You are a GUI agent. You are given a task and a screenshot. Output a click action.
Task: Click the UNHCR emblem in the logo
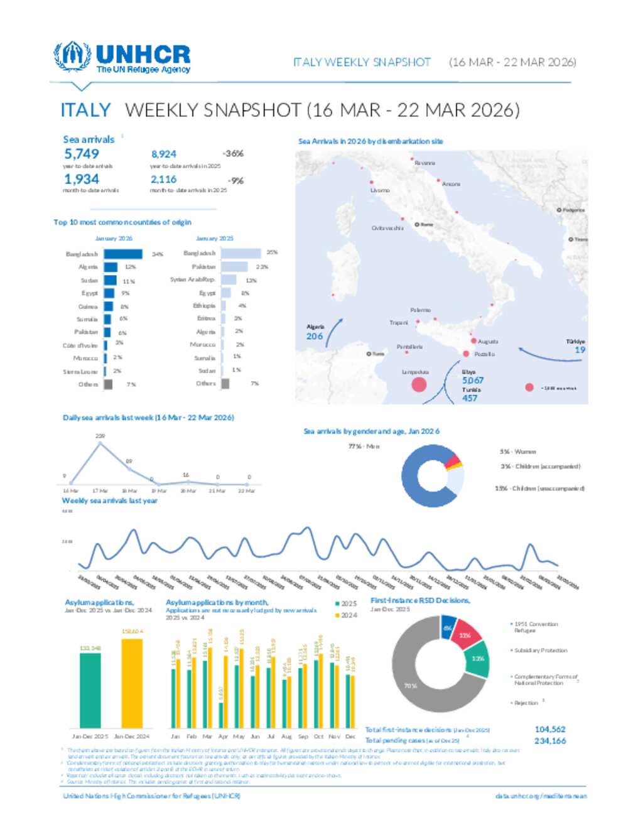(72, 56)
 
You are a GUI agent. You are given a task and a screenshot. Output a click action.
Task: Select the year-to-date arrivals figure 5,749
(82, 154)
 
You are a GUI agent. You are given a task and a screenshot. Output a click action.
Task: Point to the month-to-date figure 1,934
(81, 180)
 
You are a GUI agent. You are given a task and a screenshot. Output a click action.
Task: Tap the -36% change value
(232, 154)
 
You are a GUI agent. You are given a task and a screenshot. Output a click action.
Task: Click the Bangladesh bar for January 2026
(123, 254)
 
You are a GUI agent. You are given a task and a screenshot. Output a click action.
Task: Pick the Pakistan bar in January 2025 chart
(235, 267)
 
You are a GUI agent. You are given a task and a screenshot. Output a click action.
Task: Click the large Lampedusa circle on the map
(419, 384)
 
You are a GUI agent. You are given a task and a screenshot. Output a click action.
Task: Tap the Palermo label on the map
(420, 310)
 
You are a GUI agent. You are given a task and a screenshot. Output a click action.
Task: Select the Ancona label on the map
(451, 184)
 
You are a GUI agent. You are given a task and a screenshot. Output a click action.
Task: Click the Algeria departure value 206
(315, 337)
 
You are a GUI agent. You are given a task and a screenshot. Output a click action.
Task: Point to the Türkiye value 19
(580, 350)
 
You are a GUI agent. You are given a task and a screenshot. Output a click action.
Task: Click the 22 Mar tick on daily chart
(247, 491)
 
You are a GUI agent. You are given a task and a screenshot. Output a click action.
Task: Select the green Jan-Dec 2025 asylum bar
(90, 689)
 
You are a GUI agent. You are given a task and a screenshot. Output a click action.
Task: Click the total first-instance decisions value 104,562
(550, 730)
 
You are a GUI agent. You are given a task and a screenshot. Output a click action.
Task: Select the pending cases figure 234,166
(550, 741)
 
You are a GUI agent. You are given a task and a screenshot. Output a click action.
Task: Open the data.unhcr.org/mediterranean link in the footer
(541, 796)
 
